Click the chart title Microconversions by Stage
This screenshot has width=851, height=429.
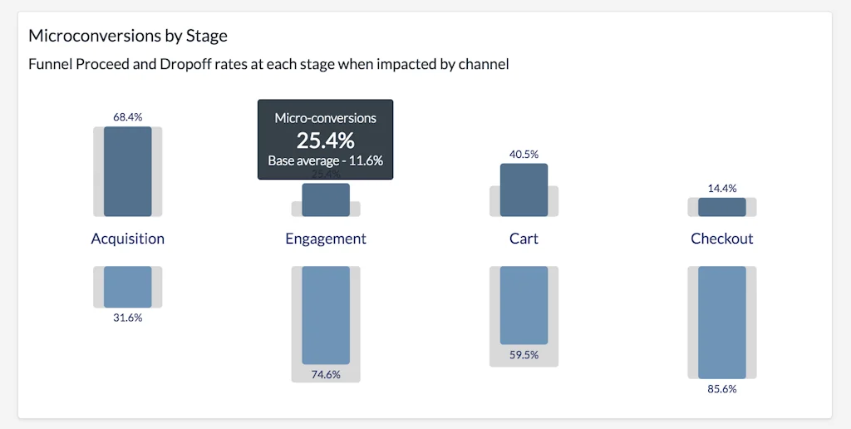(x=128, y=36)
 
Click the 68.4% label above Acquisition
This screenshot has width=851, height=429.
(x=127, y=117)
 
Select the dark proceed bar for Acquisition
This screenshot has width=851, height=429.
(x=127, y=171)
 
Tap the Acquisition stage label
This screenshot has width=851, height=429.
(x=127, y=239)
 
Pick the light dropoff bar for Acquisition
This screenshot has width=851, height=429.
(x=127, y=287)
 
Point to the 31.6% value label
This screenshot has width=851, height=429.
(x=127, y=318)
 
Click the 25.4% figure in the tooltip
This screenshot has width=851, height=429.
(x=326, y=140)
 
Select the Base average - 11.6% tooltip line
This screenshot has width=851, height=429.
(x=326, y=161)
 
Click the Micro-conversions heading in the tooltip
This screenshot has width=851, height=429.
(x=326, y=119)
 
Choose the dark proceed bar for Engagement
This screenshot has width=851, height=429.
(x=326, y=200)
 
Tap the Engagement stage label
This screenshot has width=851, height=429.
(x=326, y=239)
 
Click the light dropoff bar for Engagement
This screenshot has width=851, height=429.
(x=326, y=315)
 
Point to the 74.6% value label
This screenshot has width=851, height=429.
(x=326, y=374)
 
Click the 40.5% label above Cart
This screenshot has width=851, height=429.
(x=524, y=154)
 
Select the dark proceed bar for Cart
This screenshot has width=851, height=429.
(x=524, y=190)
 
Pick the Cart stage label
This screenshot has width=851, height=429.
(x=524, y=239)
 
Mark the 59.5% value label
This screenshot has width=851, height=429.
(x=524, y=355)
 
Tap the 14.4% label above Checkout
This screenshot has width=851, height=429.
(x=722, y=189)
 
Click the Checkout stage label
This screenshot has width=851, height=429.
(x=722, y=239)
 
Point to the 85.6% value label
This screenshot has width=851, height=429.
(x=722, y=388)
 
